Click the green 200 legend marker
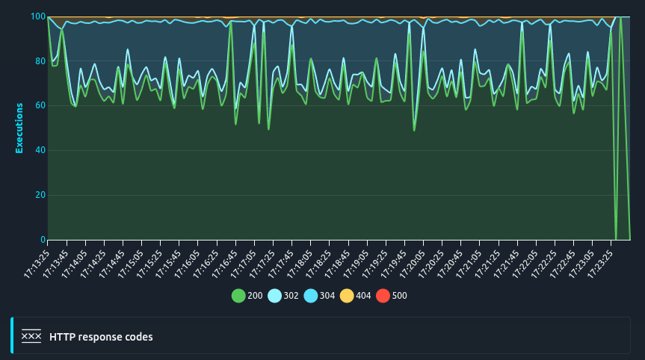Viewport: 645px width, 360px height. (x=238, y=296)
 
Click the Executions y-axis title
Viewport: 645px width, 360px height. (x=19, y=128)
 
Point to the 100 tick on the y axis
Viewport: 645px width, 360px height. (x=38, y=16)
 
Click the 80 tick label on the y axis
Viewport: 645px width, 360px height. (x=40, y=61)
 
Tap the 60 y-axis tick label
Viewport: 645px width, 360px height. (x=40, y=106)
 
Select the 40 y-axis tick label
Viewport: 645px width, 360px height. (x=40, y=151)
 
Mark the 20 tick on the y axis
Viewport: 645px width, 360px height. (x=40, y=196)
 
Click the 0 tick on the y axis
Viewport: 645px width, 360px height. (x=43, y=240)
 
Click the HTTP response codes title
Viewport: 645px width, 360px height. (x=101, y=337)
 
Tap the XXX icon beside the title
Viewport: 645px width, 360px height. (x=31, y=337)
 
